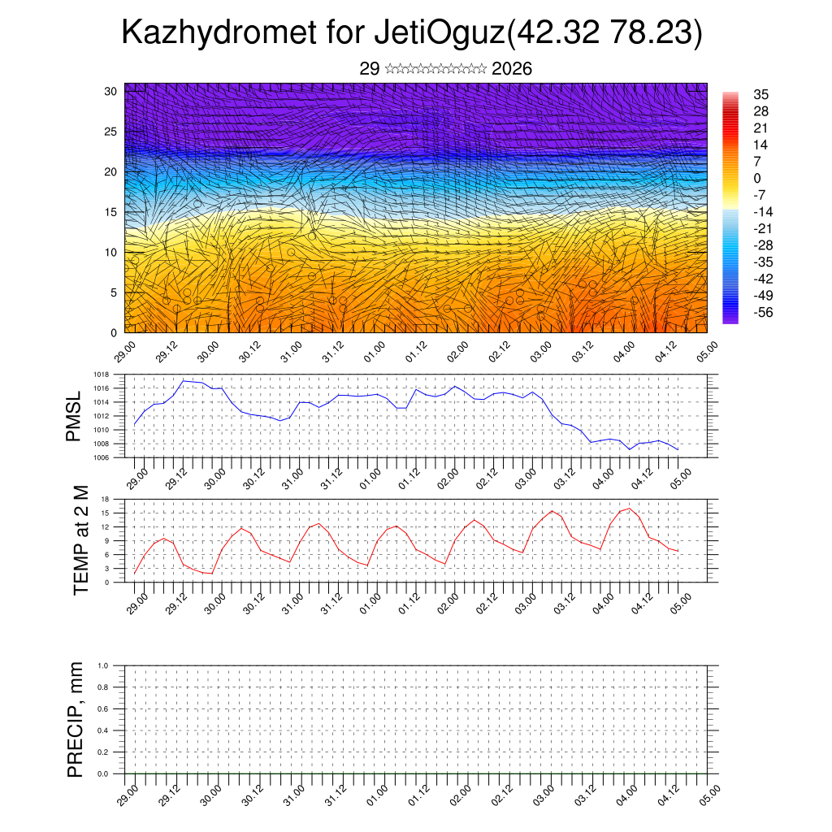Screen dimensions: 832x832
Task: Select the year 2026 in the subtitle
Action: (x=512, y=69)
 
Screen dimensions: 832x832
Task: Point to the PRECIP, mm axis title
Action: (x=76, y=719)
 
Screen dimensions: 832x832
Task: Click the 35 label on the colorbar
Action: (x=761, y=95)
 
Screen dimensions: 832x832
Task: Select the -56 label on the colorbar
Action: (x=765, y=312)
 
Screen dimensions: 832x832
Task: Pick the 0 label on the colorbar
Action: (x=757, y=179)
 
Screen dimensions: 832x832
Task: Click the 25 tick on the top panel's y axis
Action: (x=110, y=132)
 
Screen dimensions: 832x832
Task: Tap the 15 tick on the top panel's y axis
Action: (x=110, y=212)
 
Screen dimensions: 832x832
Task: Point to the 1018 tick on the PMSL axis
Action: (x=101, y=375)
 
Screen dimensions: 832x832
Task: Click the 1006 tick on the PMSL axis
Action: (x=101, y=457)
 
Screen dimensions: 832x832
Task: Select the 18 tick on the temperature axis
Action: (x=105, y=499)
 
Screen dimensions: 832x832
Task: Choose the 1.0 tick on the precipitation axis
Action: (x=103, y=665)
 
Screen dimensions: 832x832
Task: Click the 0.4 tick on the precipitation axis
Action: (x=103, y=730)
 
